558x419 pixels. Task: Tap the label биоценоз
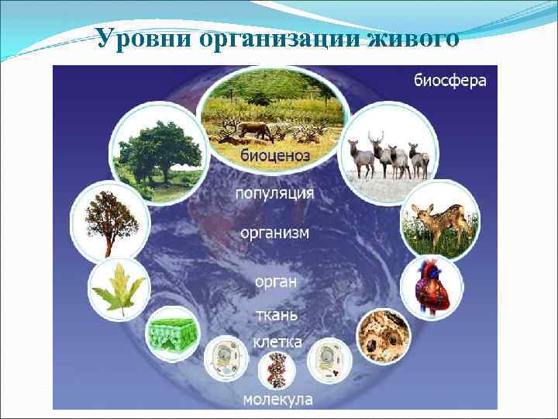[x=275, y=156]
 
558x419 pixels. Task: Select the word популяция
[x=275, y=193]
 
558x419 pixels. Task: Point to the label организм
[x=274, y=233]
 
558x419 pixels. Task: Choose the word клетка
[x=277, y=341]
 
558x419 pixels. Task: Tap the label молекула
[x=277, y=400]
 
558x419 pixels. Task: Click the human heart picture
[x=432, y=287]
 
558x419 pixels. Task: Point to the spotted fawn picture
[x=436, y=220]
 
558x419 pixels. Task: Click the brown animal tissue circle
[x=383, y=336]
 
